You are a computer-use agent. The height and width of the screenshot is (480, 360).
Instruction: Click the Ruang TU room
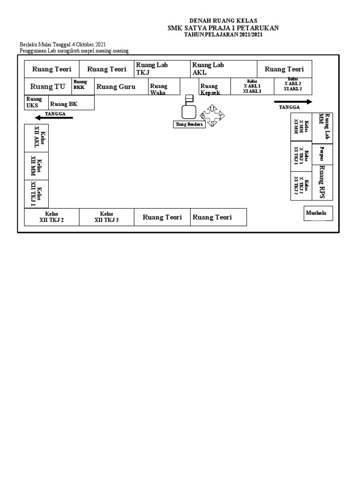click(47, 87)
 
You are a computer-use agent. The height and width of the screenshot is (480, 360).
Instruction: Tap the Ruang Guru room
click(116, 87)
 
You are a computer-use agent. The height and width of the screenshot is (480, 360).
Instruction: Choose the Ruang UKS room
click(34, 102)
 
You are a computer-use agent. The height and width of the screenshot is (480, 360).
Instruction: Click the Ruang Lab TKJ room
click(162, 68)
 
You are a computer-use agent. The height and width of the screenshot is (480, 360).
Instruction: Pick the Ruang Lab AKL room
click(223, 68)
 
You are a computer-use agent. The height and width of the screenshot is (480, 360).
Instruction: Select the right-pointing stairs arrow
click(293, 101)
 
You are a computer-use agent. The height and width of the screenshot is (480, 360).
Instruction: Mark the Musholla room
click(318, 213)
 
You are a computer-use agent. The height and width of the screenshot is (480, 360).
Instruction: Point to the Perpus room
click(322, 153)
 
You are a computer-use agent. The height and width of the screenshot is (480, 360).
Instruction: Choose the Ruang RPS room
click(322, 182)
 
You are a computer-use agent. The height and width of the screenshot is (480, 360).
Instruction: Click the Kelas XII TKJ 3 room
click(106, 217)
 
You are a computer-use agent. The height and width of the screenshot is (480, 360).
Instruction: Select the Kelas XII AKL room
click(36, 138)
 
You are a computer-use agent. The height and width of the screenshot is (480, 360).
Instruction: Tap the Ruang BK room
click(64, 104)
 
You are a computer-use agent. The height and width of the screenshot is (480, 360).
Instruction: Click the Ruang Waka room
click(163, 89)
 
